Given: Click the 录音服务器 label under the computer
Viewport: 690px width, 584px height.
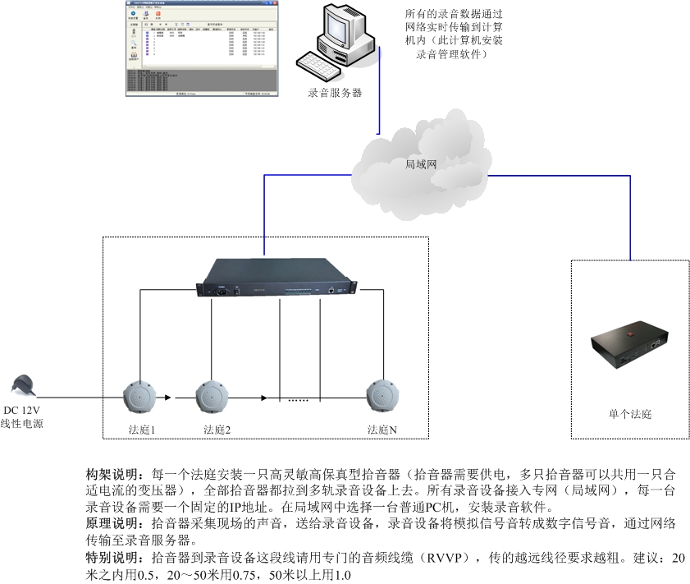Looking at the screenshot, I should coord(335,93).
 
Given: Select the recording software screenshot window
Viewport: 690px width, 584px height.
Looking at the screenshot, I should coord(202,48).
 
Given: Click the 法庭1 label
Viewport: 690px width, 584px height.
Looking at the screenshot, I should coord(142,430).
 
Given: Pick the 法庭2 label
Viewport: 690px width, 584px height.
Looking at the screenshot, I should coord(217,430).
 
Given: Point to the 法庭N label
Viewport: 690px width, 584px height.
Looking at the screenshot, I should coord(382,430).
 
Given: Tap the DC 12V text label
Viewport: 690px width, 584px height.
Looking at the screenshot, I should coord(22,411).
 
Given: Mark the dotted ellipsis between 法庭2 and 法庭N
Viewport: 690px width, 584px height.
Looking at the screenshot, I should coord(297,401).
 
